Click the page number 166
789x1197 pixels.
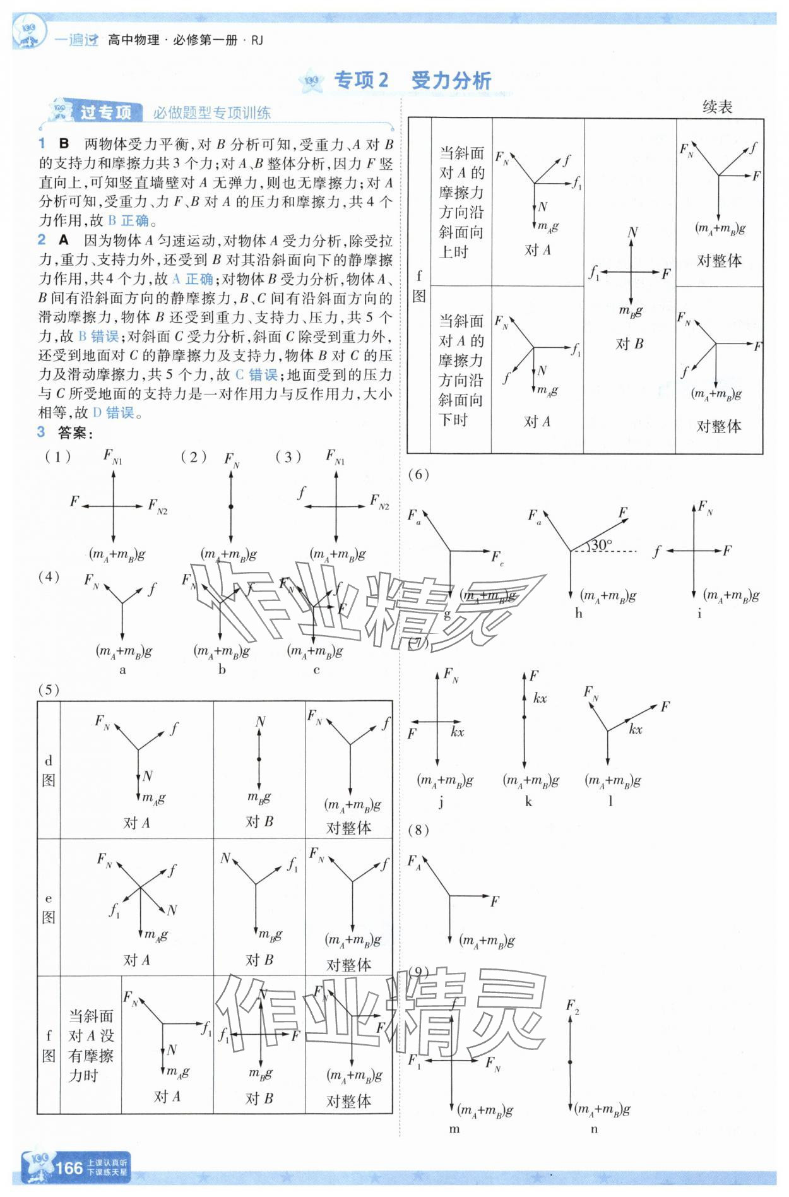[x=69, y=1167]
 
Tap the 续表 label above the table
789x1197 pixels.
[x=717, y=107]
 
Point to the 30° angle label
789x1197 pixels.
[x=602, y=544]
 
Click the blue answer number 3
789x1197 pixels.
[x=42, y=432]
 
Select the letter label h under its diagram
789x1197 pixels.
[x=578, y=613]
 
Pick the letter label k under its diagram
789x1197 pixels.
[x=528, y=802]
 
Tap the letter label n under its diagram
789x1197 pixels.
[x=594, y=1129]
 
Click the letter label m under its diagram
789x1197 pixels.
[x=454, y=1129]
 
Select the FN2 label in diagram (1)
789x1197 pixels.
[x=157, y=506]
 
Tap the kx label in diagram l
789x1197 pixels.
[x=635, y=729]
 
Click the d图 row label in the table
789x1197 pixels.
[x=49, y=770]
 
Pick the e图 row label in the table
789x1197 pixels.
[x=49, y=908]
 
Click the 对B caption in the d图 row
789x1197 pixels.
[x=259, y=821]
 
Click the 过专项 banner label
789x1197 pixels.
[x=105, y=112]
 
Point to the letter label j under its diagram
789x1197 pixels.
[x=441, y=802]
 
